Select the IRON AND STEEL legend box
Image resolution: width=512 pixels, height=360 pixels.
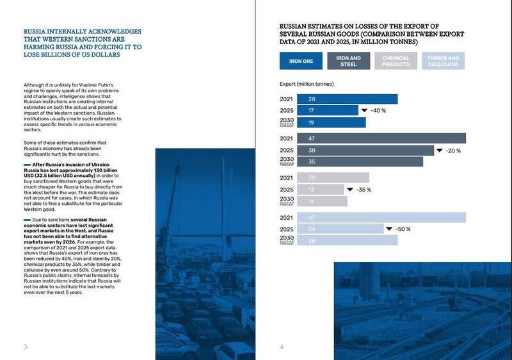[x=348, y=61]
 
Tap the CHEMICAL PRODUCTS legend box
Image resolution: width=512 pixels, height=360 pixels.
[x=396, y=61]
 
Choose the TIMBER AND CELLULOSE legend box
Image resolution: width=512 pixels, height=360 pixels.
[x=443, y=61]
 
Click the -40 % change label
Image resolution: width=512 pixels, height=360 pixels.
[x=380, y=111]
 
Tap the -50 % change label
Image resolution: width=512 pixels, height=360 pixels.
[x=403, y=229]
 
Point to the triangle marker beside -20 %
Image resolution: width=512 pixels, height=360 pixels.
[x=440, y=151]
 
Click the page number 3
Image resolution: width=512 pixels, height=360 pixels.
[x=25, y=347]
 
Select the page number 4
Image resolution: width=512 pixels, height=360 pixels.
[x=282, y=347]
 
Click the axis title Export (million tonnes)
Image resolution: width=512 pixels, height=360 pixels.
[x=307, y=84]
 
